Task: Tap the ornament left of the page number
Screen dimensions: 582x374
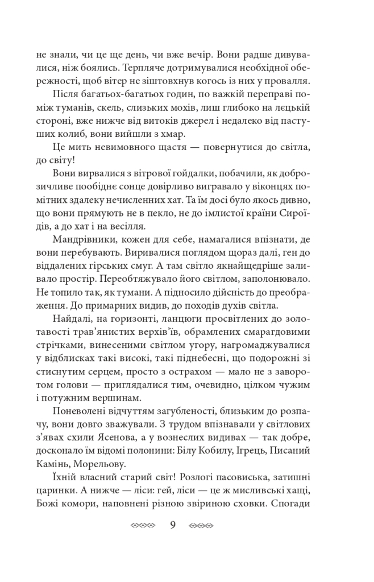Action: (143, 525)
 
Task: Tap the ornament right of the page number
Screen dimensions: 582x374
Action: (201, 525)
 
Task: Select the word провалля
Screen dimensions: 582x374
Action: (288, 80)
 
